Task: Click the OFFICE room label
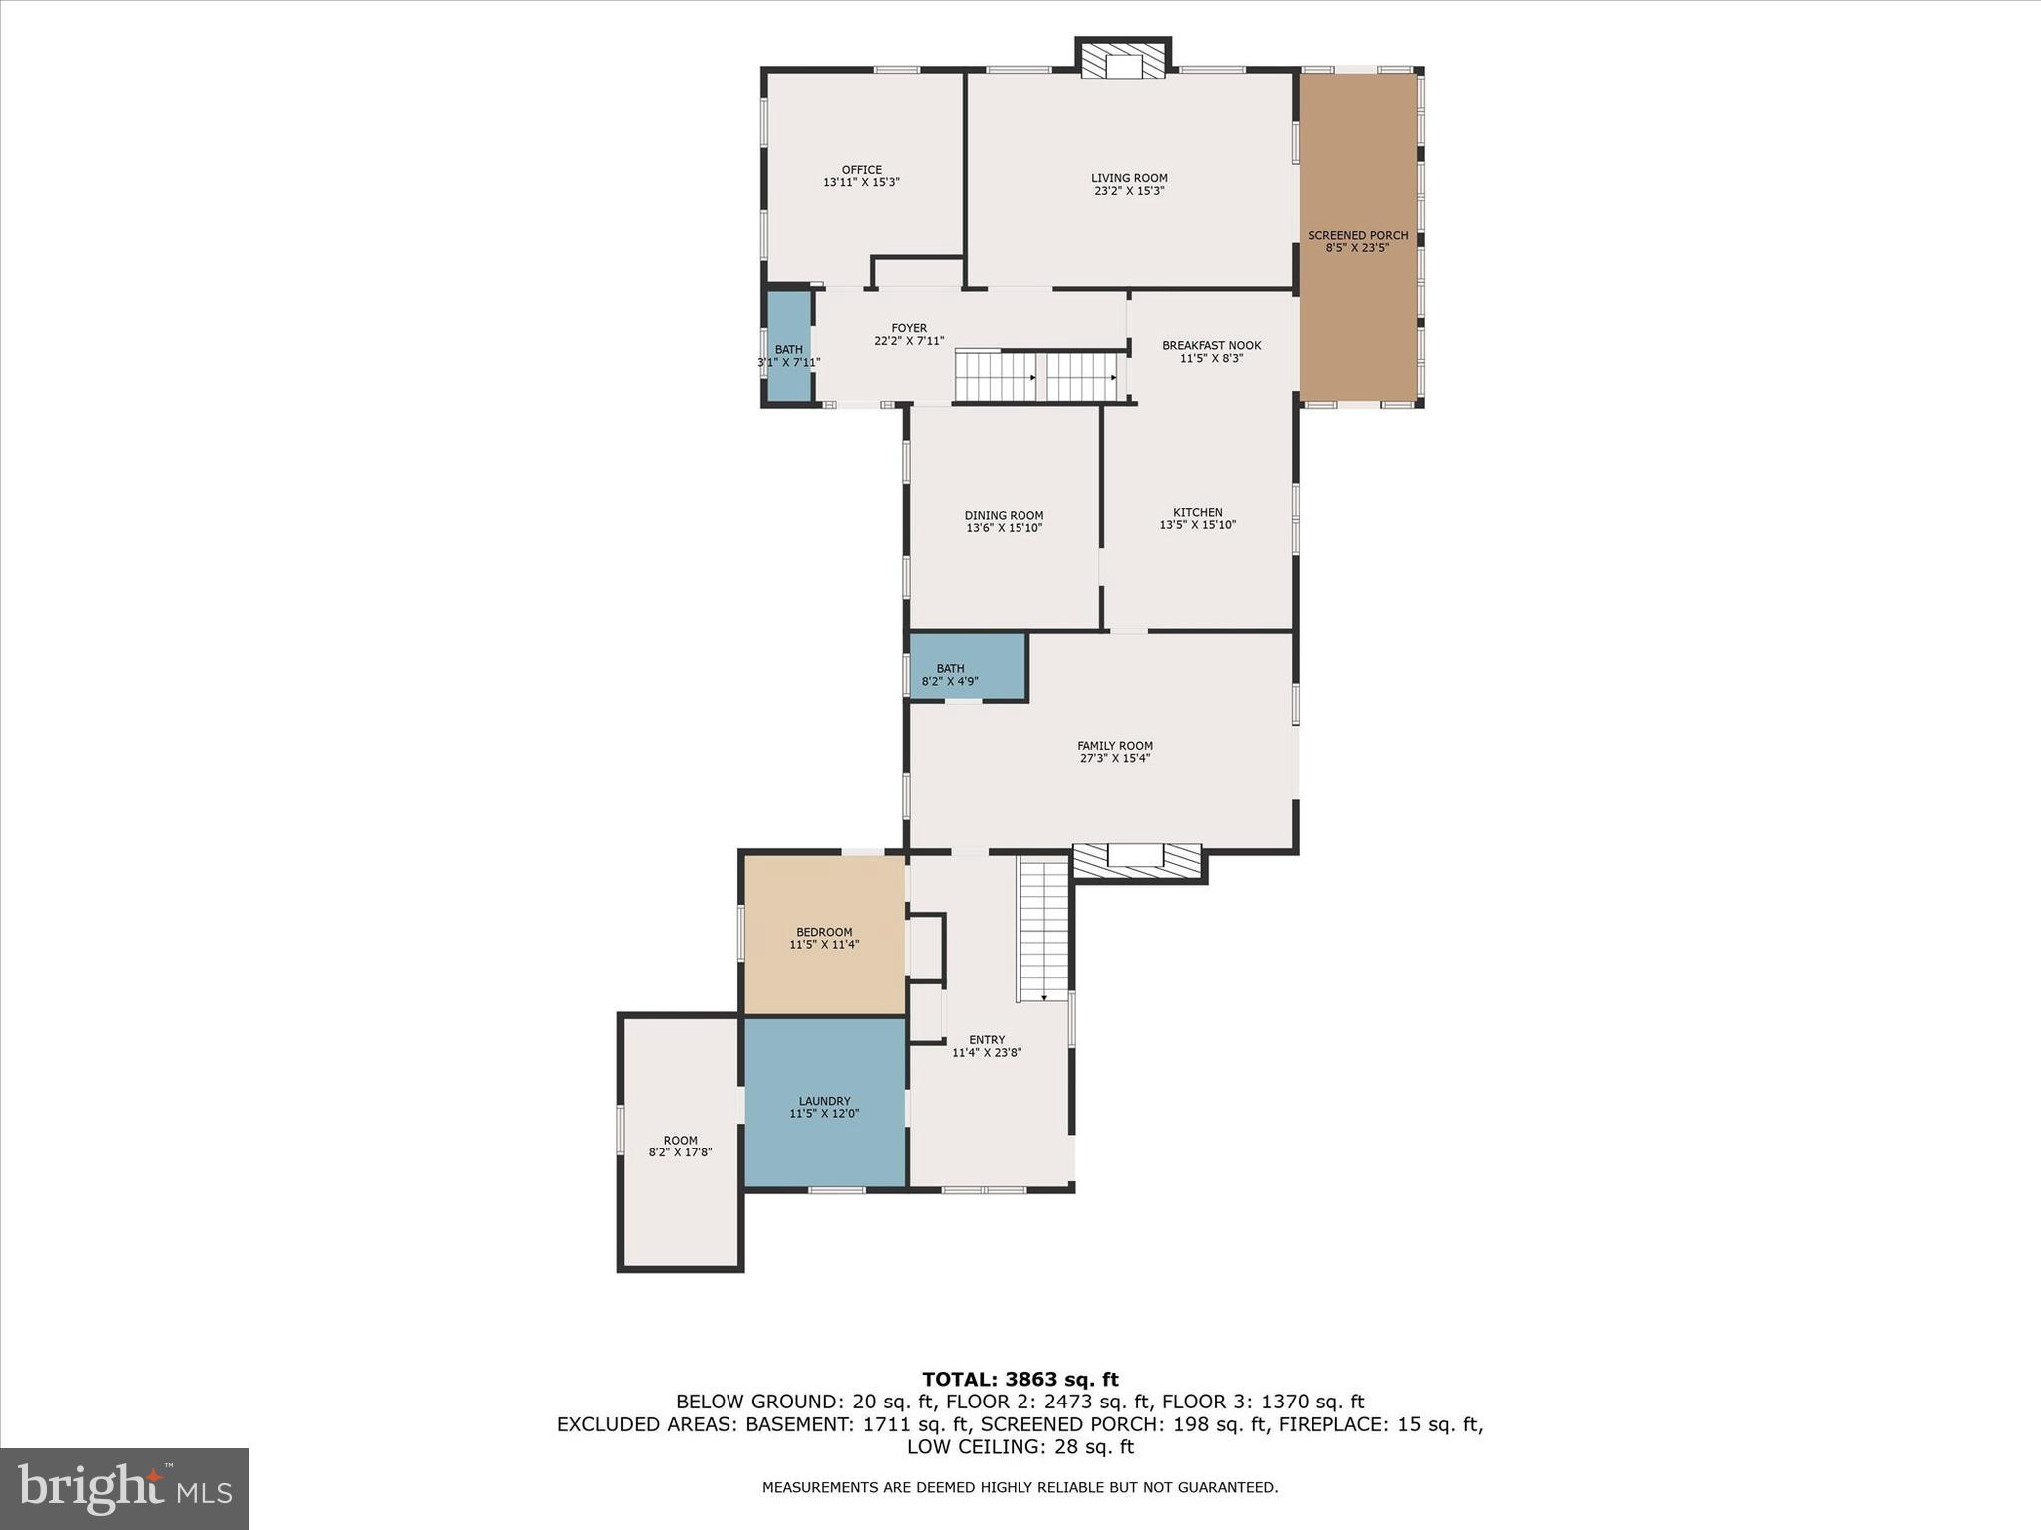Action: [861, 170]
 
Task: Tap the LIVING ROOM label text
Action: [1128, 178]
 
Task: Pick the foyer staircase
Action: [1036, 377]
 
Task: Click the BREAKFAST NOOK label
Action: [1211, 345]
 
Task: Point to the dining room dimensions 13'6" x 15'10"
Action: [1004, 528]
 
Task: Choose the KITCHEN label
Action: [1197, 512]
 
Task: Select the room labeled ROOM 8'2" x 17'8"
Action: [680, 1146]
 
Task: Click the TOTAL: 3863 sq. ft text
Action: [1020, 1380]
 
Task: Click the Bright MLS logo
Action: [124, 1488]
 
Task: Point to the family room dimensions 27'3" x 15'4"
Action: [1114, 758]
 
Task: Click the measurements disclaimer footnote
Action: [1020, 1487]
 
